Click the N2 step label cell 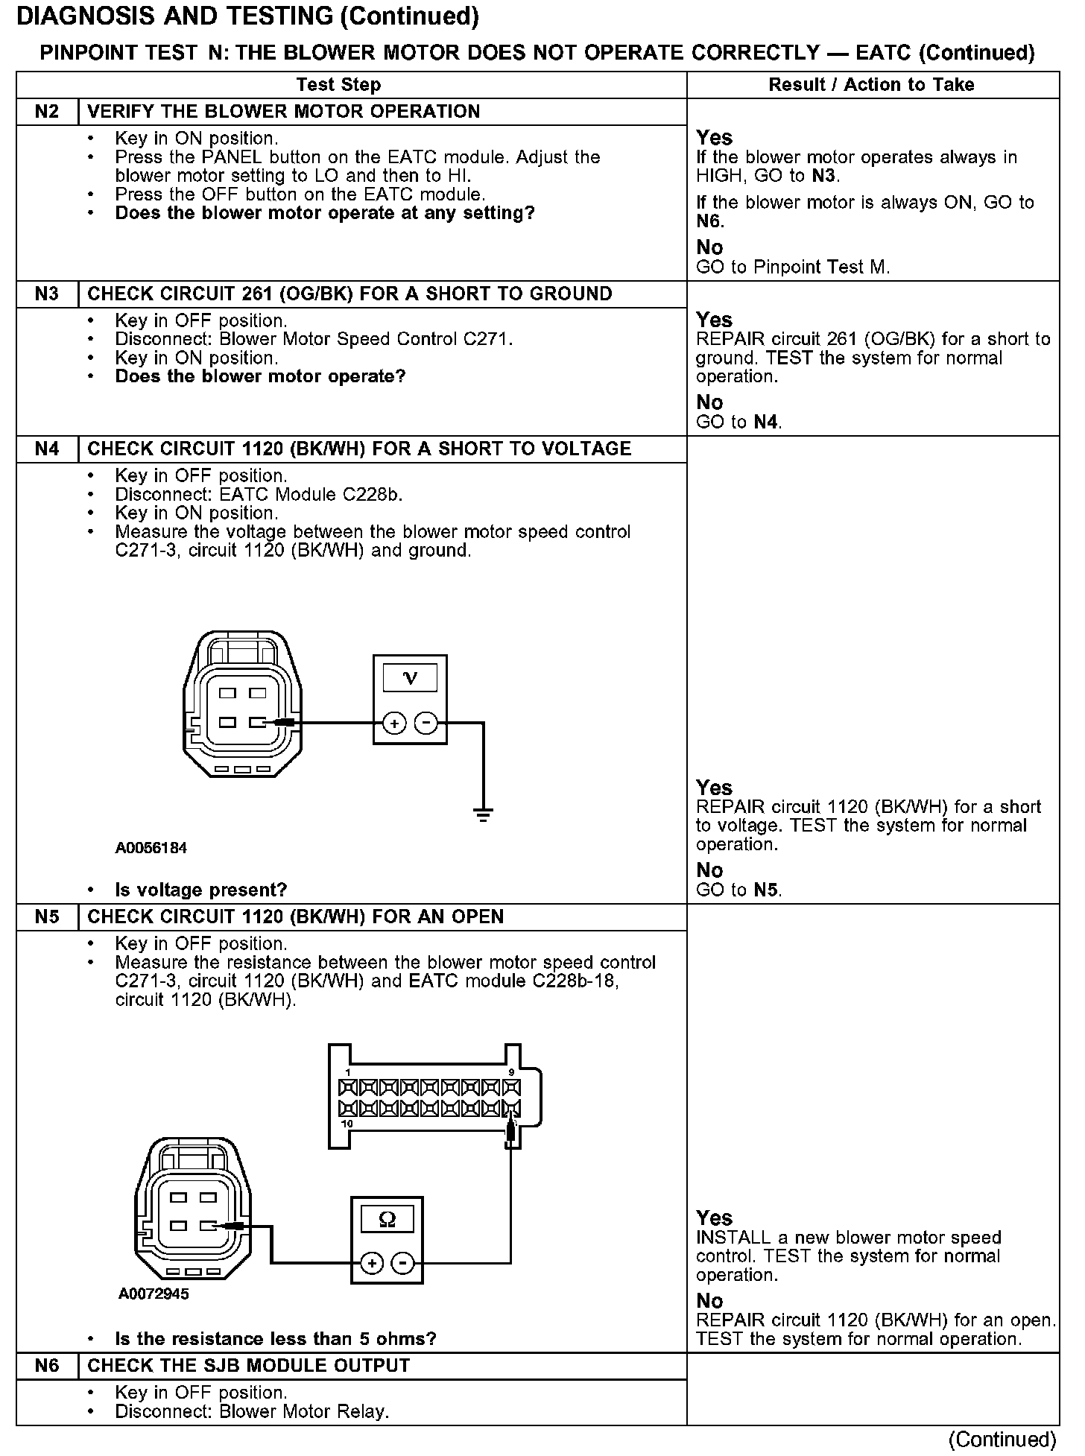pos(47,112)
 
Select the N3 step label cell pos(47,294)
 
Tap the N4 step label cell pos(47,449)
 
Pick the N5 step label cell pos(47,917)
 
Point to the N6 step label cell pos(47,1366)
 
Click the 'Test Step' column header pos(338,85)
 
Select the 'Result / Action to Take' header pos(871,85)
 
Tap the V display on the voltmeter pos(410,677)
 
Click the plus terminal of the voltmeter pos(394,723)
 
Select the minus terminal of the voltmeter pos(426,723)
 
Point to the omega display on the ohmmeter pos(387,1220)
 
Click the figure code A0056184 pos(151,848)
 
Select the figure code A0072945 pos(154,1294)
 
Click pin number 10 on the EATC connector pos(347,1123)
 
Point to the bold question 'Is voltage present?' pos(201,890)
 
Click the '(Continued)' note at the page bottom pos(1003,1439)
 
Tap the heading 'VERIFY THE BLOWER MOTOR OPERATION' pos(284,112)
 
